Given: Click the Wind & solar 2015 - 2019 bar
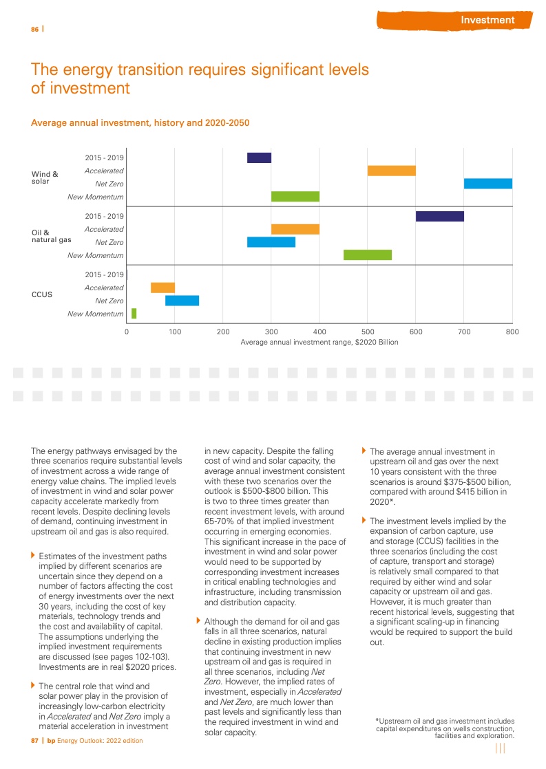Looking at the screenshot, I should (x=259, y=158).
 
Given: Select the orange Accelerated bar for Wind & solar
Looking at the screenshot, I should (x=391, y=171).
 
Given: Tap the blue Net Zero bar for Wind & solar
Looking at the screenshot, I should (x=487, y=184).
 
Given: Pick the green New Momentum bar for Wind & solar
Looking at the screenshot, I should (x=295, y=197).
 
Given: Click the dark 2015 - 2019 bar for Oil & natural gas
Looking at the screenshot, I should (x=439, y=216).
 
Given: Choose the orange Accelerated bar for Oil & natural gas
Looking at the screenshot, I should (x=295, y=229).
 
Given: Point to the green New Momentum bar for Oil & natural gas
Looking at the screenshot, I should (x=367, y=255).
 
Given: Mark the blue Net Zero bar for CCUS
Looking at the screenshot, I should (x=182, y=301).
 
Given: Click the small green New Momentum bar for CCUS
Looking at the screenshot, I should (x=134, y=314).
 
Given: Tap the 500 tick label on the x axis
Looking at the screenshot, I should (x=367, y=332).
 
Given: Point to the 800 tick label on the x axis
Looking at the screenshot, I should (x=512, y=332).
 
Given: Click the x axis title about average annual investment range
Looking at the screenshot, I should (x=319, y=342).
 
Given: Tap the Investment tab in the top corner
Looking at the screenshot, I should (x=487, y=20).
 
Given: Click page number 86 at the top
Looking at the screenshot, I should (x=34, y=29).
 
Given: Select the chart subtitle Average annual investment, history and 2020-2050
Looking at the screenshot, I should (x=140, y=123).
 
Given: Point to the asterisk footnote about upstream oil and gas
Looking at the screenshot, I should (x=445, y=728).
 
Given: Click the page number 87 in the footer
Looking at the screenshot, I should (x=34, y=741).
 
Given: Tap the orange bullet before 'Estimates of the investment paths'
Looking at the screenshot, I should (x=33, y=554).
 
